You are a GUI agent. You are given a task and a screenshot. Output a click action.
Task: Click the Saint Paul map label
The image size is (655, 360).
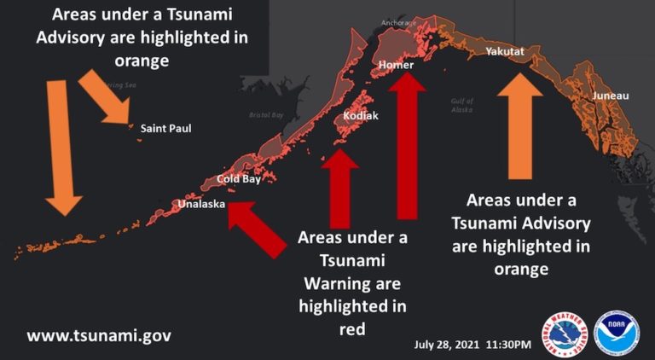coord(165,129)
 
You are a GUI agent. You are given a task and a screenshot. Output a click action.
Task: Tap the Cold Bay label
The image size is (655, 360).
coord(238,179)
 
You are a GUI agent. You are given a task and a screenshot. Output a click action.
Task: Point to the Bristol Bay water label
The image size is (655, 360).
coord(265,114)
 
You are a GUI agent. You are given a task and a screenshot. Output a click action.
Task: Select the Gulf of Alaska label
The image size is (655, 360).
coord(461,105)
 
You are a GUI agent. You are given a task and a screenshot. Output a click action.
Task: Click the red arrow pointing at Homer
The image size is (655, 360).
coord(408,145)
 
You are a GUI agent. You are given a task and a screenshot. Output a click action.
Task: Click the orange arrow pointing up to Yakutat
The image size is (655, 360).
coord(520,124)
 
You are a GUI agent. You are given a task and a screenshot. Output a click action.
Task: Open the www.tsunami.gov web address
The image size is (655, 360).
coord(99,335)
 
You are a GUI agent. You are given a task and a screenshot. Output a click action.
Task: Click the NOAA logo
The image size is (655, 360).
coord(616,334)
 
